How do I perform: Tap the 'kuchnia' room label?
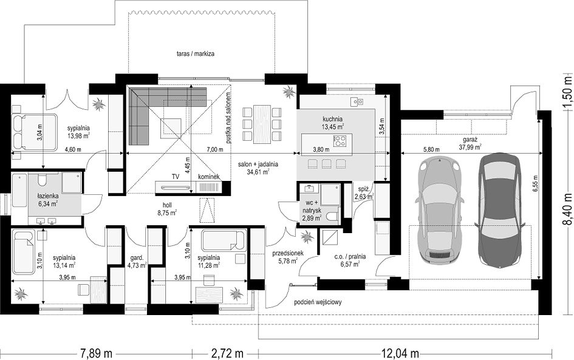coord(332,119)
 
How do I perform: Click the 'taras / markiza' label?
coord(197,54)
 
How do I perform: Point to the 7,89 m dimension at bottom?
coord(97,354)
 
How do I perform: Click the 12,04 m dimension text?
coord(400,354)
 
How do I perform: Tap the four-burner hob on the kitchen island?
coord(340,141)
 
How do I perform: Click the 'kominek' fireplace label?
coord(209,177)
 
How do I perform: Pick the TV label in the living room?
coord(176,177)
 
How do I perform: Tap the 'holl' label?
coord(167,205)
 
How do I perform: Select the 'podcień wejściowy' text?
coord(318,302)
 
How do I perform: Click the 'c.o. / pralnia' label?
coord(350,257)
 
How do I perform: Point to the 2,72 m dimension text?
coord(227,354)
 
